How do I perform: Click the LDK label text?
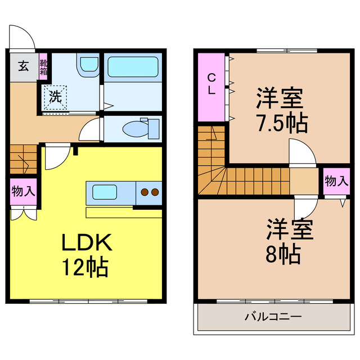click(x=87, y=243)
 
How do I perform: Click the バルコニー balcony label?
click(x=273, y=317)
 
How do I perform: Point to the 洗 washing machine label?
click(x=55, y=96)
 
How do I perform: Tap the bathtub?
click(x=132, y=68)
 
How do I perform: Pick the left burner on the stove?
click(x=145, y=192)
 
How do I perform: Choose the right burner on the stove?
click(x=155, y=192)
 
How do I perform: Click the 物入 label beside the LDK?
click(x=23, y=191)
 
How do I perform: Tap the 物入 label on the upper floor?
click(x=336, y=181)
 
